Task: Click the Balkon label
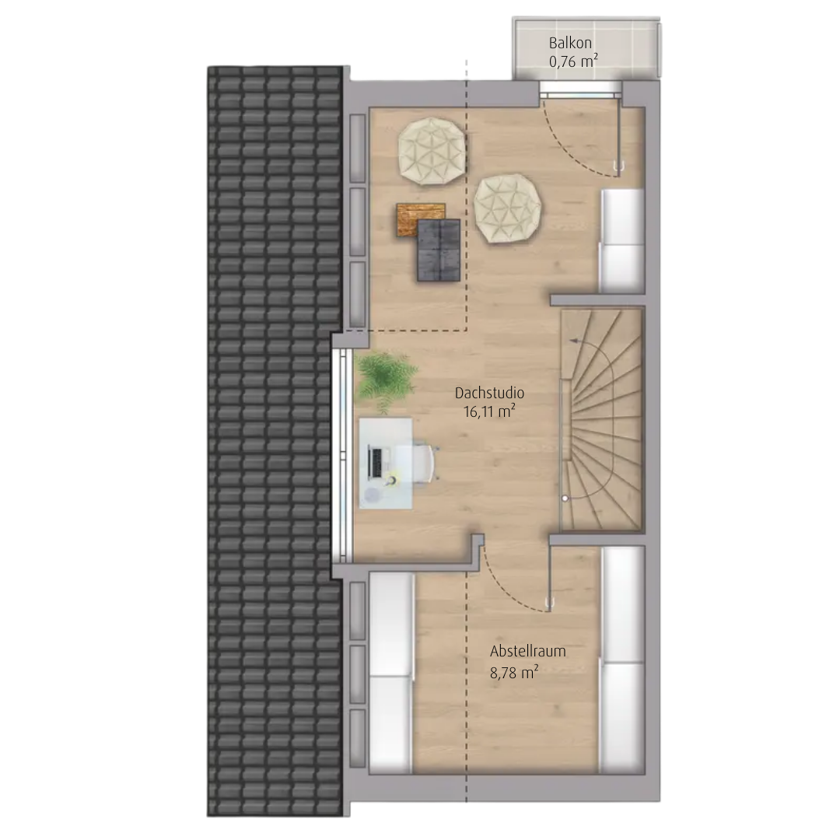[570, 43]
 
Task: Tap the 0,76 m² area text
[573, 61]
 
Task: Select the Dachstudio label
[490, 393]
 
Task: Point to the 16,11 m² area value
[490, 411]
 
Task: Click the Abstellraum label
[527, 652]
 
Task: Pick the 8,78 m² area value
[514, 672]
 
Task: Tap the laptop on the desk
[376, 462]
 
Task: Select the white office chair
[426, 462]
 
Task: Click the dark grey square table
[439, 250]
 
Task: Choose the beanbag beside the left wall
[432, 152]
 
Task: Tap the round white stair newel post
[565, 499]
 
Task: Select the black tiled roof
[275, 441]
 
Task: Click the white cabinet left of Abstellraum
[391, 673]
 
